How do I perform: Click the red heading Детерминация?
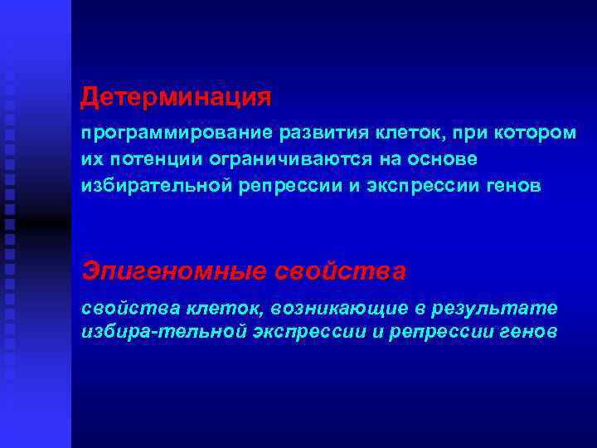[176, 98]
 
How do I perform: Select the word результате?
[498, 309]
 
